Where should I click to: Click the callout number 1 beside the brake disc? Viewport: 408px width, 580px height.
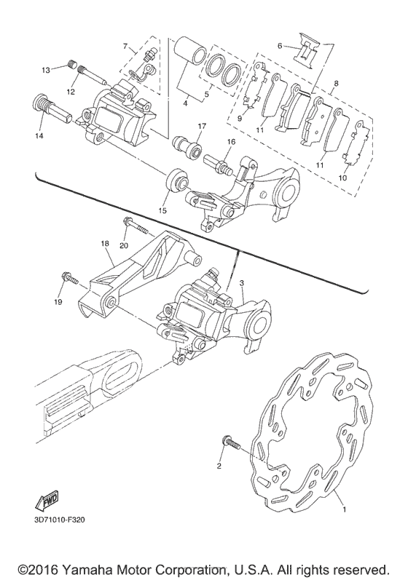[345, 509]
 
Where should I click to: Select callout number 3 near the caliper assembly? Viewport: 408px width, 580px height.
[242, 283]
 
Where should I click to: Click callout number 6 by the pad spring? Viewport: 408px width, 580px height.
[280, 46]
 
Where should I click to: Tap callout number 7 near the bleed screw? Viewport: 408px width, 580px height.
[125, 47]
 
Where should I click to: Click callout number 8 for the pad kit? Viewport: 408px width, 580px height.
[335, 84]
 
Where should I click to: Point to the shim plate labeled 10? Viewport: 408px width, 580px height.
[356, 143]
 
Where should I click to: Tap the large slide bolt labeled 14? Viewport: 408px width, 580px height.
[52, 106]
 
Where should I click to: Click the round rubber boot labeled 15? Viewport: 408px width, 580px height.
[178, 180]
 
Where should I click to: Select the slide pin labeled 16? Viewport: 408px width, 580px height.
[219, 165]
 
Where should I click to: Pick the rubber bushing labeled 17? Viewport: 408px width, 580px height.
[188, 147]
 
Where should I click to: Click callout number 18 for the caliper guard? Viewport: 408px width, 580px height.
[105, 244]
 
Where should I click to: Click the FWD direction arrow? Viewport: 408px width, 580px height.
[47, 500]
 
